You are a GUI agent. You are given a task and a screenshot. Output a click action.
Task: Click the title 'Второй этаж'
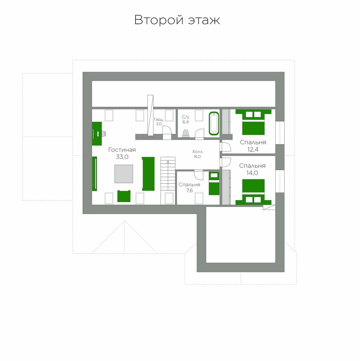pyautogui.click(x=177, y=20)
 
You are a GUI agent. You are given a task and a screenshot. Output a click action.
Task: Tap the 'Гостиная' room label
pyautogui.click(x=122, y=150)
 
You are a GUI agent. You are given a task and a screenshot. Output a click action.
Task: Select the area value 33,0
pyautogui.click(x=122, y=157)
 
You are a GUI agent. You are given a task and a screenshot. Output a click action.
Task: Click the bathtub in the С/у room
pyautogui.click(x=214, y=123)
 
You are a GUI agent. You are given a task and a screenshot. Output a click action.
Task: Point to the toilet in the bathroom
pyautogui.click(x=186, y=133)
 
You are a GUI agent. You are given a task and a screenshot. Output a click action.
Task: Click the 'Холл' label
pyautogui.click(x=197, y=152)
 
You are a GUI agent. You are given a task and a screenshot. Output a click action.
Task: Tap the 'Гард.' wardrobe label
pyautogui.click(x=159, y=119)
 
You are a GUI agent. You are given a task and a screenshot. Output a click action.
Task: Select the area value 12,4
pyautogui.click(x=253, y=150)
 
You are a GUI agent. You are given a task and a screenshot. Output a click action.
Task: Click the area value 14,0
pyautogui.click(x=252, y=173)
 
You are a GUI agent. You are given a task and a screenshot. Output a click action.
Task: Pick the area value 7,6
pyautogui.click(x=189, y=190)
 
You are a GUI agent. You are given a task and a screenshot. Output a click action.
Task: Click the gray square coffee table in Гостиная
pyautogui.click(x=124, y=174)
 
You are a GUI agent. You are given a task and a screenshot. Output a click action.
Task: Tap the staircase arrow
pyautogui.click(x=168, y=175)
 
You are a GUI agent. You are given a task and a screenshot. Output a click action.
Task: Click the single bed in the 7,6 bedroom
pyautogui.click(x=214, y=184)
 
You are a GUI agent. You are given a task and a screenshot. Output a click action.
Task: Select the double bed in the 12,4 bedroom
pyautogui.click(x=253, y=122)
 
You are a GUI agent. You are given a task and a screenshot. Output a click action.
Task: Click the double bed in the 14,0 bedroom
pyautogui.click(x=253, y=192)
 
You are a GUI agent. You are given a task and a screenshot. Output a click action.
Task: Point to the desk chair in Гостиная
pyautogui.click(x=104, y=134)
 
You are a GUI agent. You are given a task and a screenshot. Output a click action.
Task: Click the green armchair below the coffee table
pyautogui.click(x=124, y=196)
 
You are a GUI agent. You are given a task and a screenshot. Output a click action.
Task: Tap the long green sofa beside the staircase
pyautogui.click(x=148, y=174)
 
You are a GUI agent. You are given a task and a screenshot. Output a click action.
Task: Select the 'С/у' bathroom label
pyautogui.click(x=185, y=117)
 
